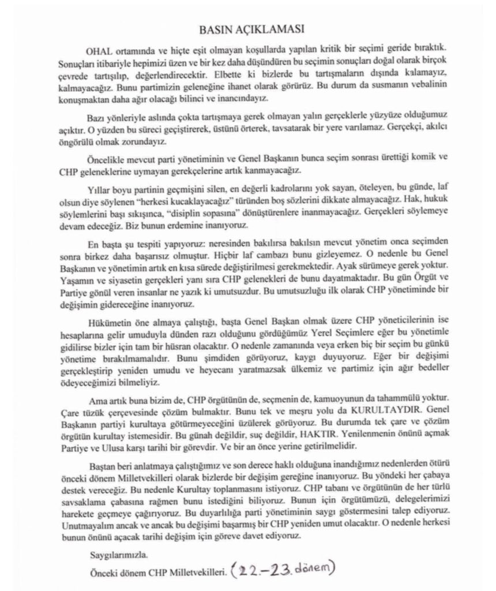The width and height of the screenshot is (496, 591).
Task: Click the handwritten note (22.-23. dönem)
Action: coord(283,571)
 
